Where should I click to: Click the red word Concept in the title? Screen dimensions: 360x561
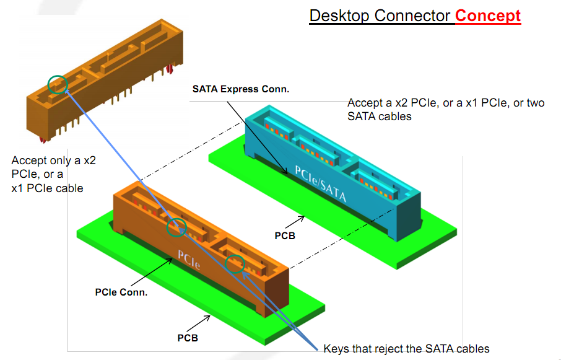pos(488,15)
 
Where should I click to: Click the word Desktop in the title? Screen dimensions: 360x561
pos(339,15)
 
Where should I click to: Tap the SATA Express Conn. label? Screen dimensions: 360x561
pos(241,89)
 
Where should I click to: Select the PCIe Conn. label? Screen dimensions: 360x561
pos(121,291)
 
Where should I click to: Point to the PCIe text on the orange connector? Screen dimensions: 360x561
pos(189,259)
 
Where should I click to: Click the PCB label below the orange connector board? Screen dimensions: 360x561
pos(188,338)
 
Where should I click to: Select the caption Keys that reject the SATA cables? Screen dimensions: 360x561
pos(406,348)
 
